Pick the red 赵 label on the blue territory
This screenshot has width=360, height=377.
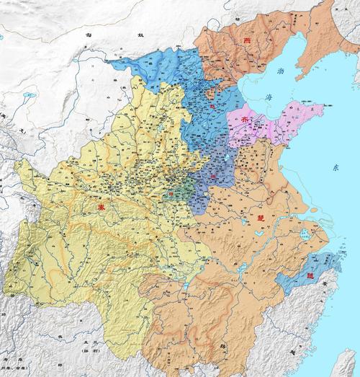213,108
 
